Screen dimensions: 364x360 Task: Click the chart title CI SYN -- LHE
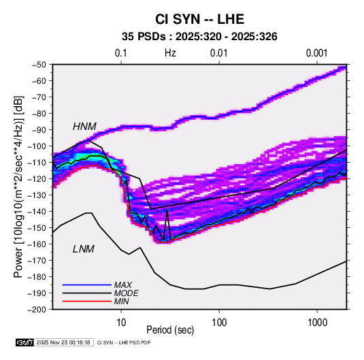[x=199, y=19]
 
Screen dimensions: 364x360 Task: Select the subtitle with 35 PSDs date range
[x=199, y=37]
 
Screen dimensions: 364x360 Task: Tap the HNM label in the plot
[x=84, y=127]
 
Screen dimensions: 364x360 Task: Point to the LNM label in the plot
[x=84, y=249]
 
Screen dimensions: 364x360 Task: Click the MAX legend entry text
[x=122, y=284]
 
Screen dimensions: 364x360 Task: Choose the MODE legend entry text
[x=127, y=293]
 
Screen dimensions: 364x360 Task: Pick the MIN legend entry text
[x=121, y=301]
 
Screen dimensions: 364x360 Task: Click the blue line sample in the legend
[x=87, y=284]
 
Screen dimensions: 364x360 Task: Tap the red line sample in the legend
[x=87, y=301]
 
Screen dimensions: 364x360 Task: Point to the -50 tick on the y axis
[x=39, y=65]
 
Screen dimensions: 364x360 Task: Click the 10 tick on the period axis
[x=121, y=323]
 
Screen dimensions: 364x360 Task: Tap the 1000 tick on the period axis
[x=317, y=323]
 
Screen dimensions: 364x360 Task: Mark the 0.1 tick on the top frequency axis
[x=121, y=53]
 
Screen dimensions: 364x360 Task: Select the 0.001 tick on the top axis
[x=317, y=53]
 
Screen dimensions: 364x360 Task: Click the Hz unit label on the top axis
[x=170, y=53]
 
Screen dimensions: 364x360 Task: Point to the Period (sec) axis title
[x=170, y=330]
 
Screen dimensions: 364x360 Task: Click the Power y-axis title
[x=18, y=187]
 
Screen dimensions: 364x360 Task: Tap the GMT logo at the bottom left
[x=24, y=342]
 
